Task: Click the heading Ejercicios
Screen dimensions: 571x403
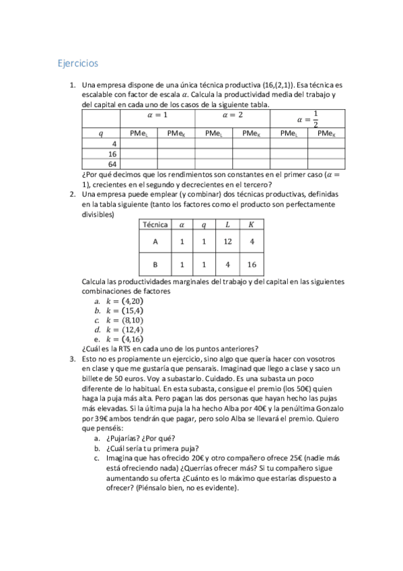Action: coord(77,63)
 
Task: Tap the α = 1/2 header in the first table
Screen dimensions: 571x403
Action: coord(306,119)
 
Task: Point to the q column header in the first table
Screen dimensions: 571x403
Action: coord(101,133)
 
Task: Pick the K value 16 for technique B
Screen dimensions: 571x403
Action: coord(251,264)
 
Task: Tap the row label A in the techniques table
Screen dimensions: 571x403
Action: coord(155,241)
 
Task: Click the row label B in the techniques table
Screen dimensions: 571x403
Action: coord(155,264)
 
